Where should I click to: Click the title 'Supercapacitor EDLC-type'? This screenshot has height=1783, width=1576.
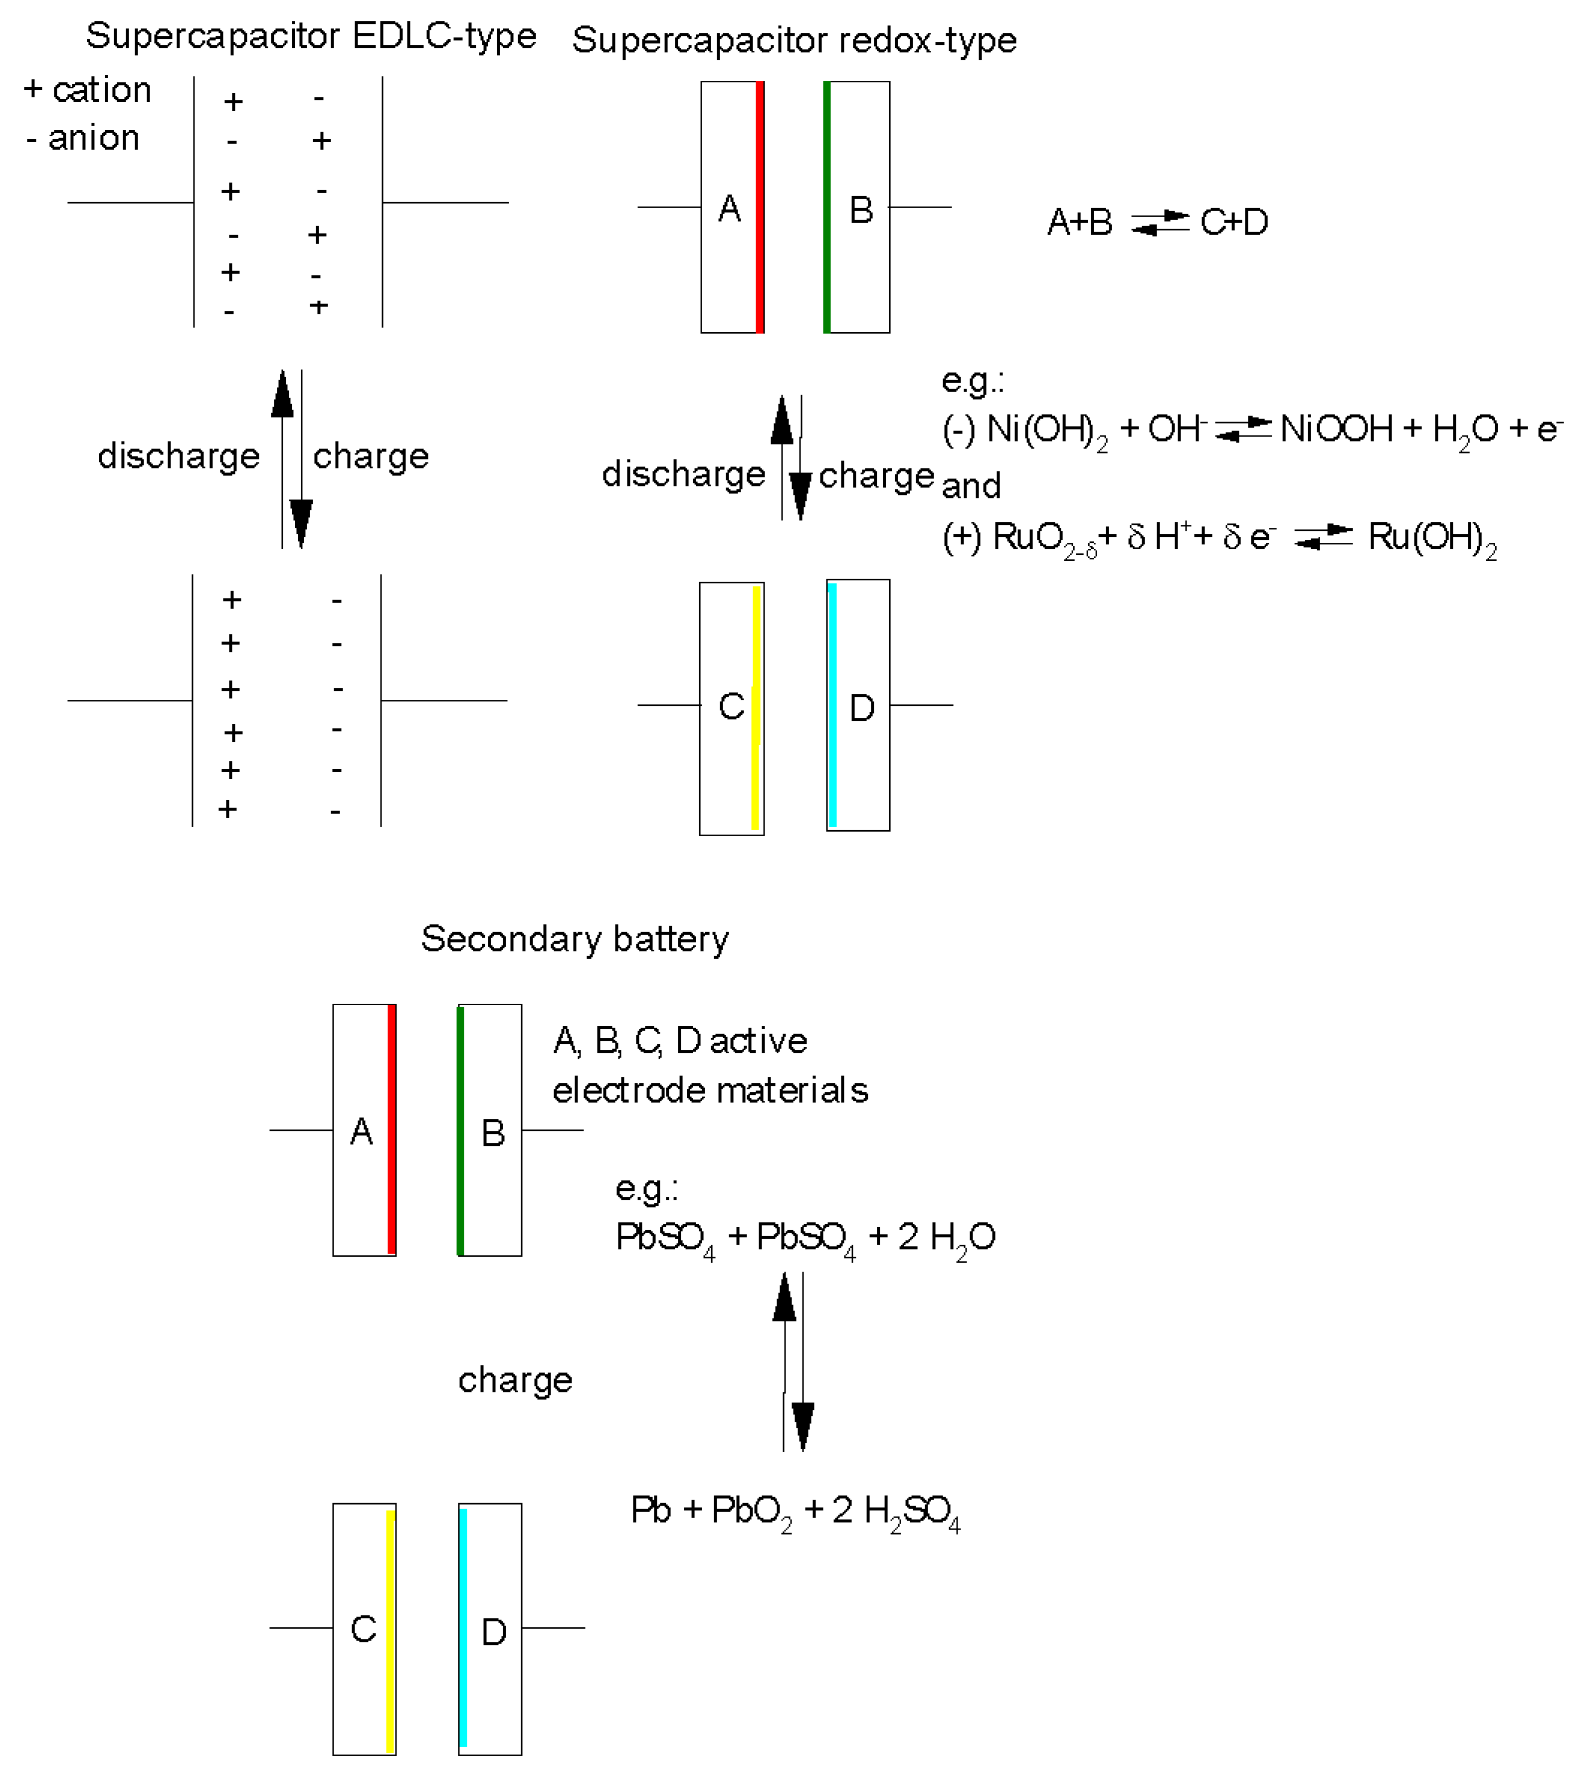click(x=311, y=36)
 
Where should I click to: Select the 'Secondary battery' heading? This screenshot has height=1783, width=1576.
click(x=575, y=939)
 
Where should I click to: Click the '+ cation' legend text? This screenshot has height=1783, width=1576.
click(x=88, y=90)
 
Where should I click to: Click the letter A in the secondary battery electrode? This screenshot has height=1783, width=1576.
click(x=361, y=1132)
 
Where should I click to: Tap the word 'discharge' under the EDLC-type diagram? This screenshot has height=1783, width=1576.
click(x=178, y=456)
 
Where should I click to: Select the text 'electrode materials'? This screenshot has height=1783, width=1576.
click(x=710, y=1091)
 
